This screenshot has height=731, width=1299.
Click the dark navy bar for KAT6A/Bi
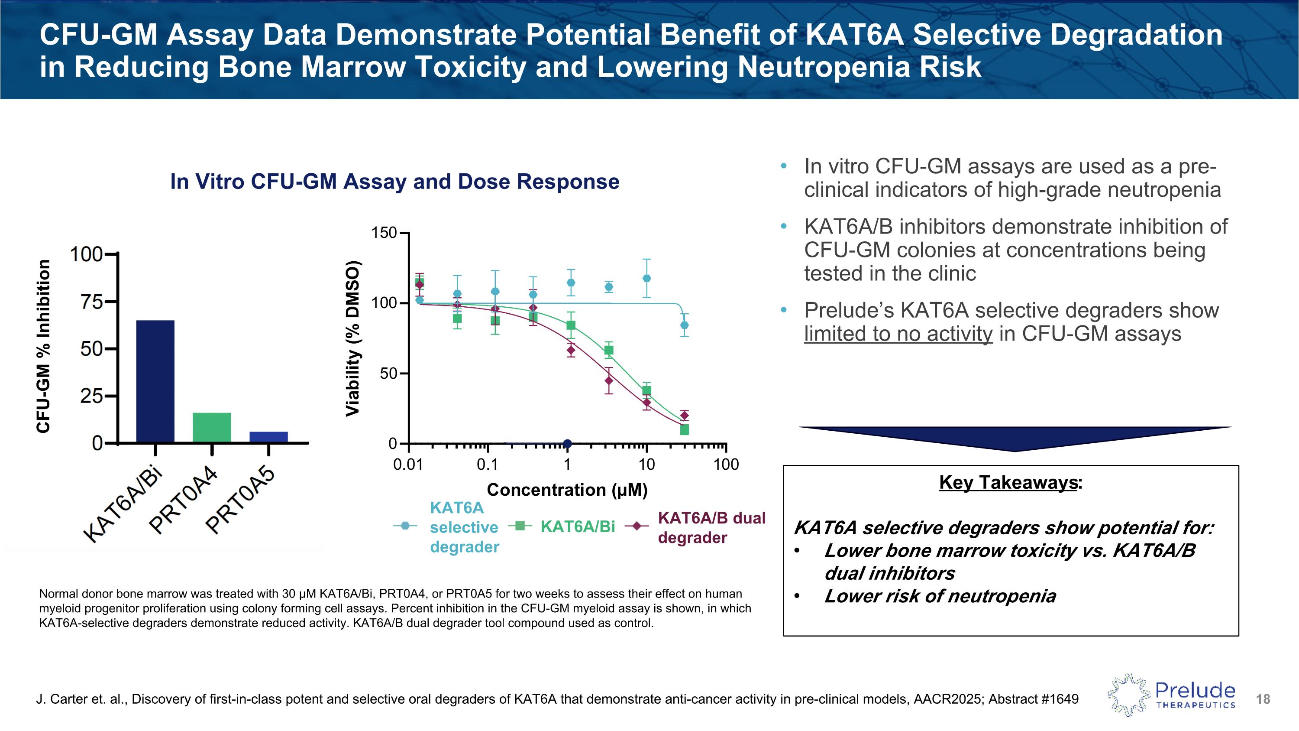coord(155,381)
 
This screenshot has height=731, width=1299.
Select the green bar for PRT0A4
coord(212,427)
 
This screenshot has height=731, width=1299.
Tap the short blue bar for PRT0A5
coord(268,437)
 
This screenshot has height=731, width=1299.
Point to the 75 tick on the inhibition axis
coord(92,302)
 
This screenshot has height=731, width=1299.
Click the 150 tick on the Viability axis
coord(384,233)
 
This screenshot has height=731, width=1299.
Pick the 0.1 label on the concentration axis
coord(487,465)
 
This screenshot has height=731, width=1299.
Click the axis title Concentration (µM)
coord(567,490)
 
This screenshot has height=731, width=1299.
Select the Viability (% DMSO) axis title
coord(352,338)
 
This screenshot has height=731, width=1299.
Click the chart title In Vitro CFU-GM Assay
coord(394,182)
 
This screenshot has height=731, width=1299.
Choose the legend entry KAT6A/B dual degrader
coord(711,528)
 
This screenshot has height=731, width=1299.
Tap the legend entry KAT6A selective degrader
coord(464,527)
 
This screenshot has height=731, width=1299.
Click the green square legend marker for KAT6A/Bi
coord(520,526)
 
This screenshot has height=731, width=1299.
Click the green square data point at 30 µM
coord(684,430)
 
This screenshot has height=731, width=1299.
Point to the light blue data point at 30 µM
coord(684,325)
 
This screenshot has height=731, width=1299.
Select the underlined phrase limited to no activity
coord(898,334)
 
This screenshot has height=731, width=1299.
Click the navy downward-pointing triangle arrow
coord(1015,439)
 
